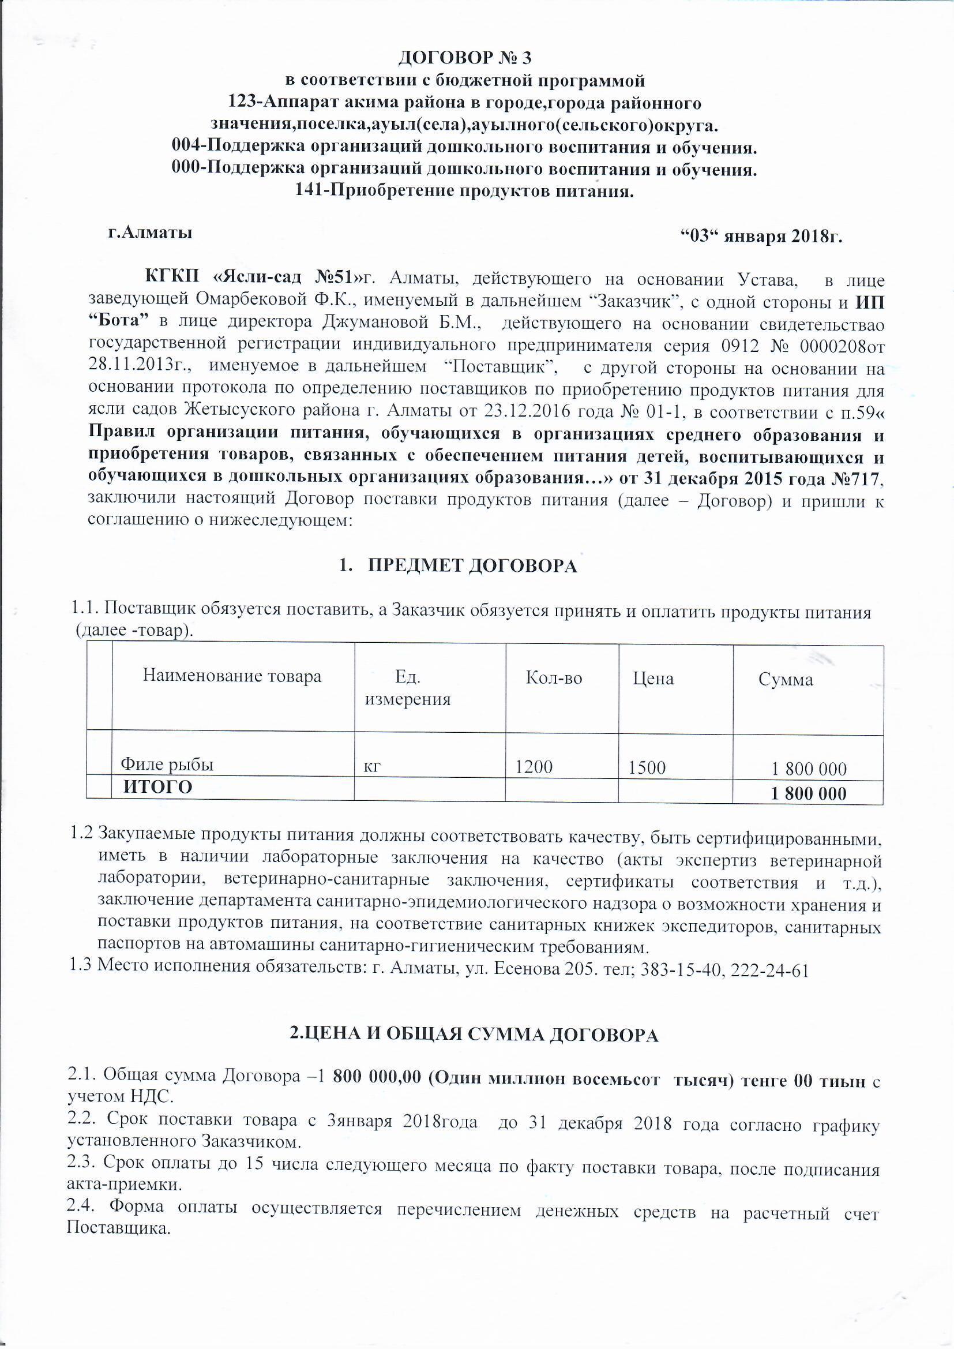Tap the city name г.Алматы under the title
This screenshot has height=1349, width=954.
151,233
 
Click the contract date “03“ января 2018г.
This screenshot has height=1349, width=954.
762,236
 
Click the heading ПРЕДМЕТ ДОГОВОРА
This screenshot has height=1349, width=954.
472,565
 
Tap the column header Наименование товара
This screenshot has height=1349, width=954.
232,676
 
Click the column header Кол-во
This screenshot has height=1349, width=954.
553,678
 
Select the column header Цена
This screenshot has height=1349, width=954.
653,679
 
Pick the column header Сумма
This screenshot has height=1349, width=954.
786,680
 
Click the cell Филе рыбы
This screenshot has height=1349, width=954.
167,765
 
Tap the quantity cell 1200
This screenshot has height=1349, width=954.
534,767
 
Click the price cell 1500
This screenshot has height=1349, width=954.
647,767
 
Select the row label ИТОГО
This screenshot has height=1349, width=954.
157,786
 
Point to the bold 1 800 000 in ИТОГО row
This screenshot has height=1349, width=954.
808,794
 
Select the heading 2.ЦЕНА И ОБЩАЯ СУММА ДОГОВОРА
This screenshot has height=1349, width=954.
474,1034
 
